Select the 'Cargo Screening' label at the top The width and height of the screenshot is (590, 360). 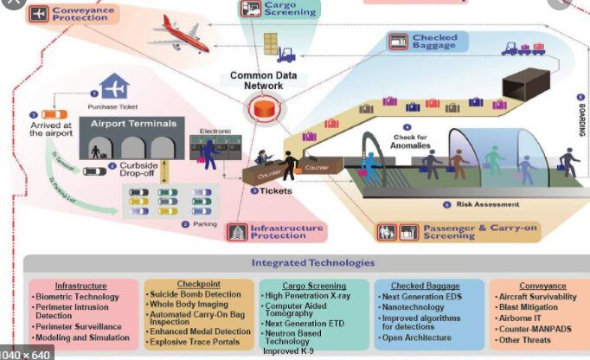(278, 10)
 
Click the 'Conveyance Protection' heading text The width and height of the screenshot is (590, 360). (85, 12)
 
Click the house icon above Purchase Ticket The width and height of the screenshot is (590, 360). (114, 87)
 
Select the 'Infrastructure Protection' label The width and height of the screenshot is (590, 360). (286, 230)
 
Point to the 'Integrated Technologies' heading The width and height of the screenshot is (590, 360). (313, 262)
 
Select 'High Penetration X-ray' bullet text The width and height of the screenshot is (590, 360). (319, 296)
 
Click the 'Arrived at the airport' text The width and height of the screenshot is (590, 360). (53, 129)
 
